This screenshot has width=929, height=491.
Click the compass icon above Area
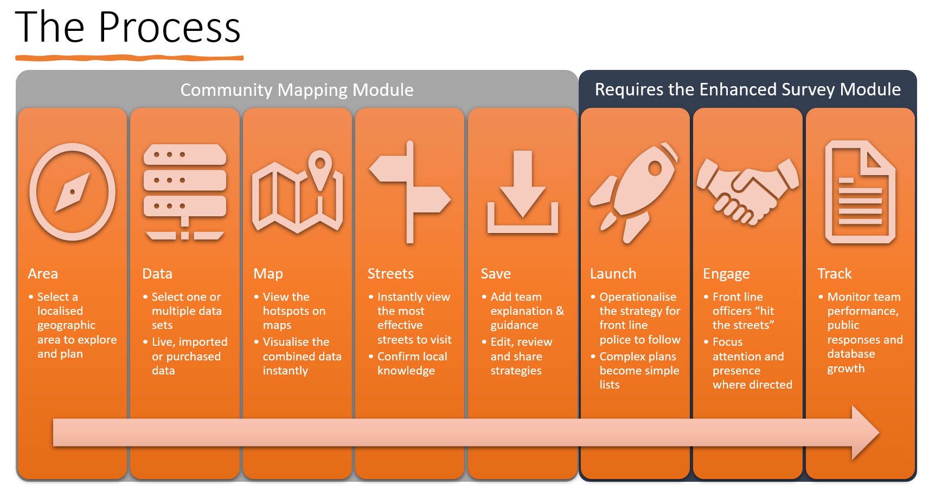pos(72,192)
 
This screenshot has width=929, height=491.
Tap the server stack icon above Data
pos(184,192)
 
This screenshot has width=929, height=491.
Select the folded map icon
pos(297,192)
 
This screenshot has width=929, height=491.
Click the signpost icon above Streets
pos(410,192)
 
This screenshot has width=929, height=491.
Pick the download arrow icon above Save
pos(523,192)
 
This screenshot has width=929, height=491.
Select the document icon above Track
pos(860,192)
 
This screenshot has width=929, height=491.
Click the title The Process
pos(128,27)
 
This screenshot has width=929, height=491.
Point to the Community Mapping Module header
pos(297,90)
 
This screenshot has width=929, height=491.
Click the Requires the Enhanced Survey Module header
pos(748,89)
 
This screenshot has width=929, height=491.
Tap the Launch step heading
pos(613,274)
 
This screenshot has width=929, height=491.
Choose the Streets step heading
pos(390,274)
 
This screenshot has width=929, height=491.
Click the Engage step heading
pos(726,274)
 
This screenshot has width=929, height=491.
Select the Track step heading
pos(835,274)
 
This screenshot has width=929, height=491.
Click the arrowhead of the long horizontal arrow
pos(865,432)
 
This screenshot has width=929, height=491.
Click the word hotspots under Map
pos(286,311)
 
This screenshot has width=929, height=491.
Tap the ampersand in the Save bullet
pos(560,311)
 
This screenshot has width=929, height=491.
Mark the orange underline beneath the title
pos(130,58)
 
